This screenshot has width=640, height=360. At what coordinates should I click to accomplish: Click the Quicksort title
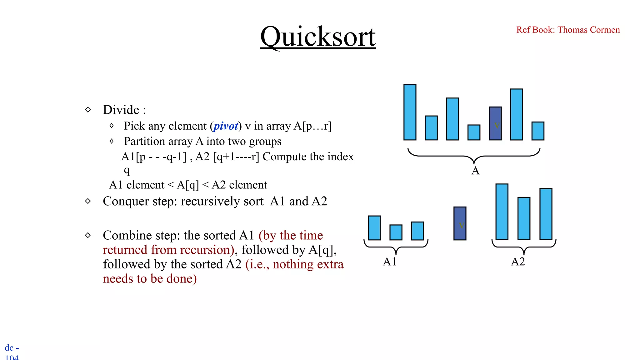(318, 37)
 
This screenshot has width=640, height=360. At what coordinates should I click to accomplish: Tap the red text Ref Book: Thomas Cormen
(568, 30)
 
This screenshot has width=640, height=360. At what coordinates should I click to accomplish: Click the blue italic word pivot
(226, 126)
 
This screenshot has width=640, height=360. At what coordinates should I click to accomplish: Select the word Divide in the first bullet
(121, 110)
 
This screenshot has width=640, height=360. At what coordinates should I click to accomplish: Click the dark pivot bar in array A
(495, 123)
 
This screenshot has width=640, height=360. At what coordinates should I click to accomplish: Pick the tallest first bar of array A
(410, 112)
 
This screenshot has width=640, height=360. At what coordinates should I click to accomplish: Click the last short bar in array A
(538, 131)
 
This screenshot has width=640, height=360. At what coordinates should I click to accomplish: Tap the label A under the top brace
(475, 171)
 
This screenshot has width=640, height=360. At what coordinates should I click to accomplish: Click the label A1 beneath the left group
(389, 262)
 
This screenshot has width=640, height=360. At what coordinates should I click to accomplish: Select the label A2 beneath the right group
(518, 262)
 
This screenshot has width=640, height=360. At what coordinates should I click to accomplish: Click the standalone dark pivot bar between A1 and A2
(460, 223)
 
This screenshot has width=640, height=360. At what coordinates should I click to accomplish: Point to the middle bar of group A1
(396, 232)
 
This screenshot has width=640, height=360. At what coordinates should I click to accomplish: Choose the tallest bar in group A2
(502, 212)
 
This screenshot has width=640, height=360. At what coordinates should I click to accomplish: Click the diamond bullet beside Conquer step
(88, 201)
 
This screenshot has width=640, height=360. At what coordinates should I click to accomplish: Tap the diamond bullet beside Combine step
(88, 235)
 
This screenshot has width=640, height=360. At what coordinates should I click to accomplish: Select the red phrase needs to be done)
(150, 278)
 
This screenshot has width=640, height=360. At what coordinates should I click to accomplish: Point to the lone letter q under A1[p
(127, 170)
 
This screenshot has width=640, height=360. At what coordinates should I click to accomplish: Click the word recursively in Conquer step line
(222, 201)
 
